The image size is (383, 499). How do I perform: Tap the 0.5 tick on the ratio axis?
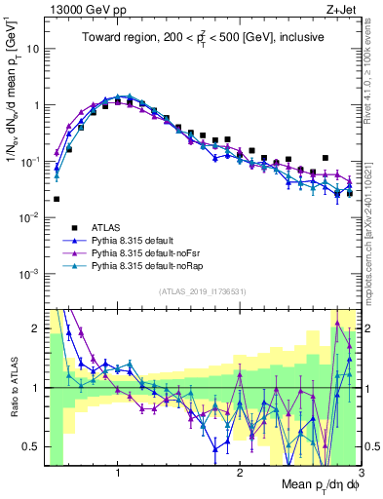point(31,446)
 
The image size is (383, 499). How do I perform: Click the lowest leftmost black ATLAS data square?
point(57,199)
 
